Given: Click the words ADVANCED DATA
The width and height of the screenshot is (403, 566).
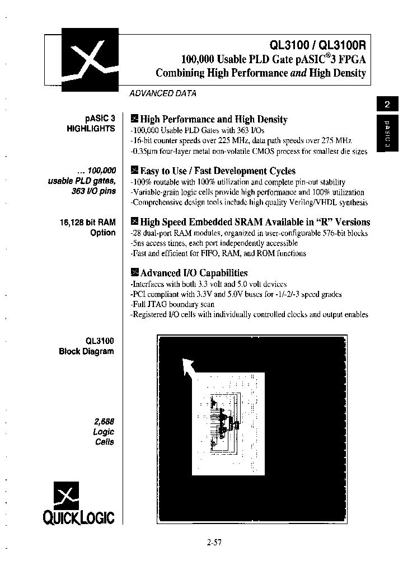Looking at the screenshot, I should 163,93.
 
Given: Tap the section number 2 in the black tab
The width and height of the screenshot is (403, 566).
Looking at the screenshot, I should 387,104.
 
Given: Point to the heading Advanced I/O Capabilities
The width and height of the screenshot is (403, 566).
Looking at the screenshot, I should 193,273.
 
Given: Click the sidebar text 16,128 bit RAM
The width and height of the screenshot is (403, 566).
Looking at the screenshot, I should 87,222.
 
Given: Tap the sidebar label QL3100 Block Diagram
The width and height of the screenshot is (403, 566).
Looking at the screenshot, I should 86,346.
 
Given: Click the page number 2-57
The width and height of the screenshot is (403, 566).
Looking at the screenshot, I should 214,541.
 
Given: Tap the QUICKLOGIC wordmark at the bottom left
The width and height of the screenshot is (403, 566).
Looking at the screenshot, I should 79,518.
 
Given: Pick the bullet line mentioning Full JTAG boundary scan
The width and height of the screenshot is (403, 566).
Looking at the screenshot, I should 172,304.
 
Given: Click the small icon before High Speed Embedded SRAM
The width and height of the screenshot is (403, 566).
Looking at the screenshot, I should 134,222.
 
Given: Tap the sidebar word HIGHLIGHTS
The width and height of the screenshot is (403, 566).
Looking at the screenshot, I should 91,128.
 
